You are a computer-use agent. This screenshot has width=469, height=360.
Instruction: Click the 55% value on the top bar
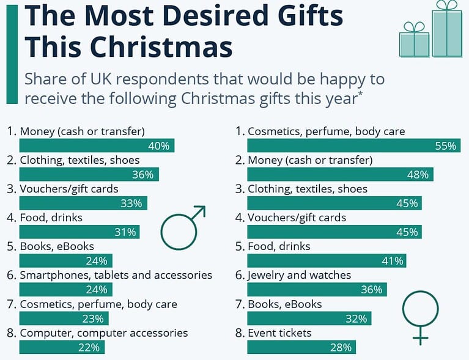(445, 145)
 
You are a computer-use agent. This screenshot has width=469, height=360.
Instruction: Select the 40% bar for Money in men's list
(97, 145)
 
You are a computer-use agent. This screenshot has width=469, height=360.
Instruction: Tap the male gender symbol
(182, 224)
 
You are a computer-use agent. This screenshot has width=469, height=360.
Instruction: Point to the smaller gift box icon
(414, 40)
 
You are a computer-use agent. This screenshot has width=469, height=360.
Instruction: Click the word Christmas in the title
(163, 46)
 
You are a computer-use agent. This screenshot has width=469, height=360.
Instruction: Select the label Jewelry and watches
(299, 275)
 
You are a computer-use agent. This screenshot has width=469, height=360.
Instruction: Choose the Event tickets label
(279, 333)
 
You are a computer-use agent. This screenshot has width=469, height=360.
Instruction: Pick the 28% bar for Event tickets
(301, 347)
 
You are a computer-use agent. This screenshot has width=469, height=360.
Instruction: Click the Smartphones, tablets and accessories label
(116, 275)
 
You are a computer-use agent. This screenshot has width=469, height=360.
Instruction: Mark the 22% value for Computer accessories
(92, 347)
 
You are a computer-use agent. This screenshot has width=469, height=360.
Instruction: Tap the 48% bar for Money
(341, 174)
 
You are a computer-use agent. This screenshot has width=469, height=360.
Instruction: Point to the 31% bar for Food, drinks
(79, 232)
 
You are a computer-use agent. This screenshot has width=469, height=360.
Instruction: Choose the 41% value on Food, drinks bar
(392, 261)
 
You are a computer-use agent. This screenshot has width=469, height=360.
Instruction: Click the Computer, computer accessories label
(103, 333)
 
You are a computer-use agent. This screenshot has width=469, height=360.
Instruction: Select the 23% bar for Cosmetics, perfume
(64, 318)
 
